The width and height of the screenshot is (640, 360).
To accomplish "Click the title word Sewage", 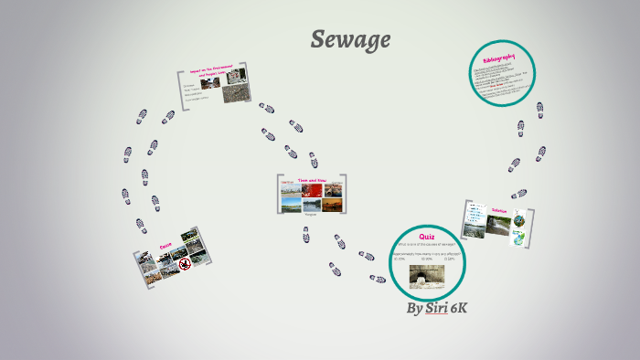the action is [x=350, y=39].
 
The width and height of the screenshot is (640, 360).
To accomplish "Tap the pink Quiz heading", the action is [x=426, y=237].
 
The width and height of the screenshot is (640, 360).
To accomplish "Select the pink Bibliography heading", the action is [x=499, y=60].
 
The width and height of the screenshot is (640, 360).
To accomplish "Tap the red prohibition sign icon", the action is [x=185, y=263].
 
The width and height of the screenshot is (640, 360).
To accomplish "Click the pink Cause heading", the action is [x=165, y=245].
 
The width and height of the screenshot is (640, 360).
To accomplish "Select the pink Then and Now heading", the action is [x=312, y=181].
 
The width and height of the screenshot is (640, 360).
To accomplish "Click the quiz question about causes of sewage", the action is [x=425, y=245].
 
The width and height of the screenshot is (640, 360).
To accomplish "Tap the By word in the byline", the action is [x=414, y=309].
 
